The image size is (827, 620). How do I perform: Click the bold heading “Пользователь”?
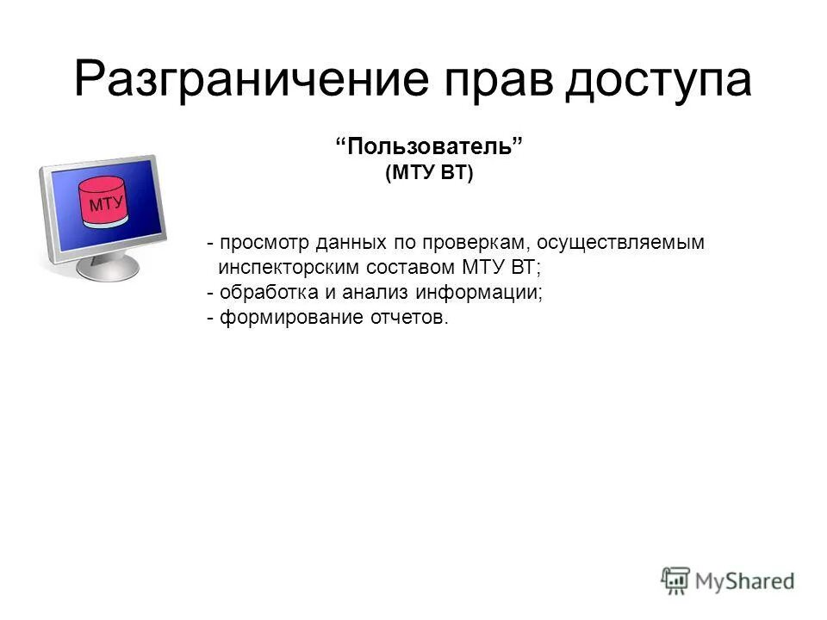(x=429, y=146)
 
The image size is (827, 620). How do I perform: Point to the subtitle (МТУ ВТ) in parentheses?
(x=429, y=173)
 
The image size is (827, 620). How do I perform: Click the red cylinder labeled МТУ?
(x=104, y=203)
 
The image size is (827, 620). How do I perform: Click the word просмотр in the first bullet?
(x=261, y=244)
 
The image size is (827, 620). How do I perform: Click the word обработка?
(x=258, y=293)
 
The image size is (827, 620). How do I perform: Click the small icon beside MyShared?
(x=676, y=580)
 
